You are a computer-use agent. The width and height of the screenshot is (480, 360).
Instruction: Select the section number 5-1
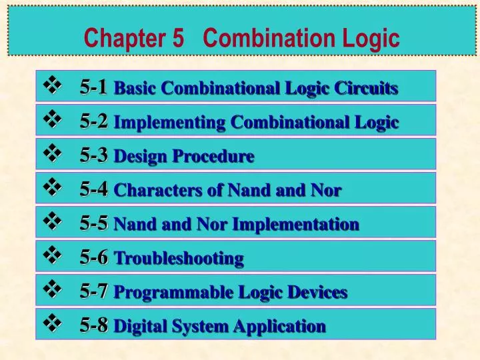point(93,87)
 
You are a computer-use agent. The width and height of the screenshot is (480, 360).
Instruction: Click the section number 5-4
point(93,189)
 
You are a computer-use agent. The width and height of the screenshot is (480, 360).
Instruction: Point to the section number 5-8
point(93,325)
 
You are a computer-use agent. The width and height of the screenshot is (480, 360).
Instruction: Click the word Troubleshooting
point(179,258)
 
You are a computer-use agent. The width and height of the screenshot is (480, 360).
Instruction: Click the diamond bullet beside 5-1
point(51,86)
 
